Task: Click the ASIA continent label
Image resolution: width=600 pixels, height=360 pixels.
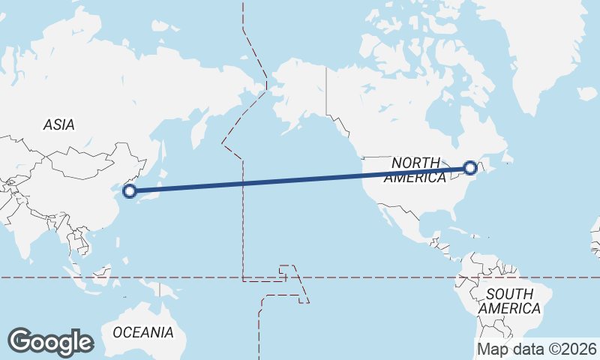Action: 58,125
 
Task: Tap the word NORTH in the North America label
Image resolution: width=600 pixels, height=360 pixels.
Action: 416,163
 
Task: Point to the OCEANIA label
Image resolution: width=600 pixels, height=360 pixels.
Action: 142,331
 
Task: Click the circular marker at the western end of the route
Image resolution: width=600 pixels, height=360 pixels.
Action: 130,190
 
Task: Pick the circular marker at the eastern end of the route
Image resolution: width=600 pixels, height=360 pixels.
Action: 470,168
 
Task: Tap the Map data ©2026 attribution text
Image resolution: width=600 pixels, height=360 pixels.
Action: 537,349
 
